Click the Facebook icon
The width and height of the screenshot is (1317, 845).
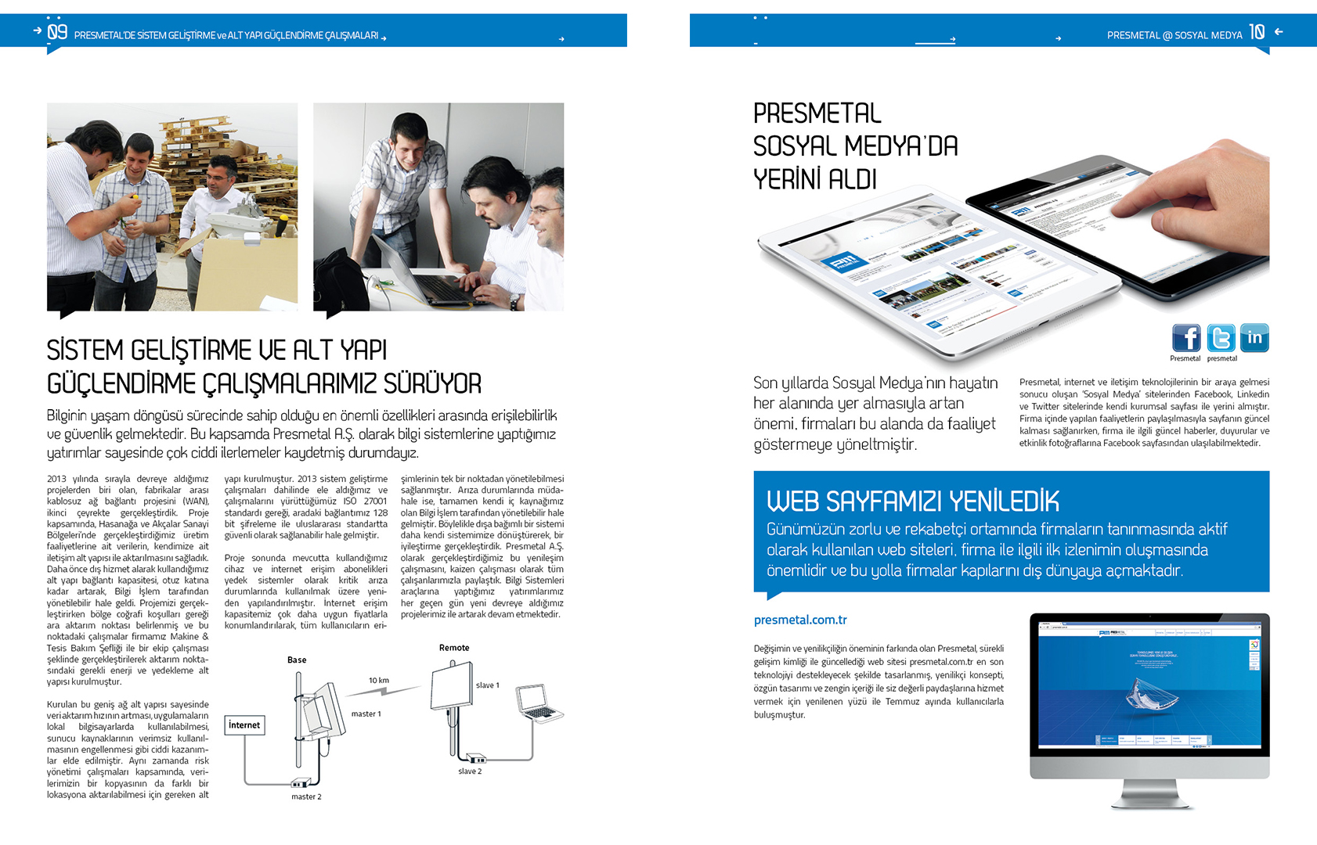(1186, 338)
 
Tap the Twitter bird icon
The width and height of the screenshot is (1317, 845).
(1221, 338)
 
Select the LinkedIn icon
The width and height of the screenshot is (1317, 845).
(1254, 338)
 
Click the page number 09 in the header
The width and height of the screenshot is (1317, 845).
(57, 32)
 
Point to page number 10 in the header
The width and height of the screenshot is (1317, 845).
(1257, 32)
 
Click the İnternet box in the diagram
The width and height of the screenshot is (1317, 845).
(244, 725)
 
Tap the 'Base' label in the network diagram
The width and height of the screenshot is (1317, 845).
(297, 660)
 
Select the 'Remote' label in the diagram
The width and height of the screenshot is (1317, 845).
(454, 648)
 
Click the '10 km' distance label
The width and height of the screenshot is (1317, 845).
(379, 681)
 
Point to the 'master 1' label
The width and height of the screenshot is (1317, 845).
(366, 714)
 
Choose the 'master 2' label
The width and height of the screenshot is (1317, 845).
(306, 797)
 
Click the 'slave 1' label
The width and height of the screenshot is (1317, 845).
(487, 685)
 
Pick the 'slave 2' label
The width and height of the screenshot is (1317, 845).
(470, 771)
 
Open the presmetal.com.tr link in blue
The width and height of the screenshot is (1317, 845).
(800, 620)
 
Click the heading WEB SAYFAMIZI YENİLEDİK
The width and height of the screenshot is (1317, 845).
(912, 501)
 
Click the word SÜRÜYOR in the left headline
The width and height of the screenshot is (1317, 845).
(431, 384)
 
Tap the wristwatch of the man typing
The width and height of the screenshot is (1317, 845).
(515, 302)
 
